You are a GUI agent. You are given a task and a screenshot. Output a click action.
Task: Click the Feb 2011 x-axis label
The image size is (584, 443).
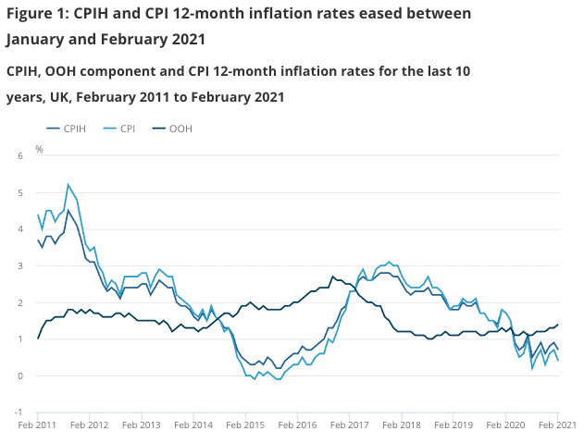click(38, 427)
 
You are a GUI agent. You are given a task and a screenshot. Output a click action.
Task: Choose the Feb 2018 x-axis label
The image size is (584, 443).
click(401, 427)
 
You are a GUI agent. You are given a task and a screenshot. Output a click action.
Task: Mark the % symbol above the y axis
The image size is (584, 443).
click(39, 148)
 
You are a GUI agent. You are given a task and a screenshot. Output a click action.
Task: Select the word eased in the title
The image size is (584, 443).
click(367, 14)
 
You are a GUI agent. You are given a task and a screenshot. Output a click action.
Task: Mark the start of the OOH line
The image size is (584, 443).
click(38, 338)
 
